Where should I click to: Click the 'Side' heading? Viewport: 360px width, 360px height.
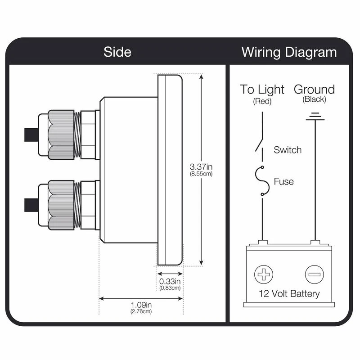117,52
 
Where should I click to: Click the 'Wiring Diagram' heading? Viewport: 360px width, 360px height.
289,52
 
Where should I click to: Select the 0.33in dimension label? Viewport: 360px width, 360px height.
170,282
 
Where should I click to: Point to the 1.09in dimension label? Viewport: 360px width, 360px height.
141,305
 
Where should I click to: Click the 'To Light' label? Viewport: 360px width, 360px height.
262,89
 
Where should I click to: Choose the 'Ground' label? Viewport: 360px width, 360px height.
315,89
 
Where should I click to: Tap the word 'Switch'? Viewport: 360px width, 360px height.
288,150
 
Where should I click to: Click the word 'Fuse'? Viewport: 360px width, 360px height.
283,182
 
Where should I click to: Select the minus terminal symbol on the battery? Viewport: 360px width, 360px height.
314,274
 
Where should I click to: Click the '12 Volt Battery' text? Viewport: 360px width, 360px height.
289,294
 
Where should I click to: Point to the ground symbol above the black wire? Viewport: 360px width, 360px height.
315,117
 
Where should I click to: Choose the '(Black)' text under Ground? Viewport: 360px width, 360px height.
315,99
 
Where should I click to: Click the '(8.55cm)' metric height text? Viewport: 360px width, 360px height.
201,174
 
